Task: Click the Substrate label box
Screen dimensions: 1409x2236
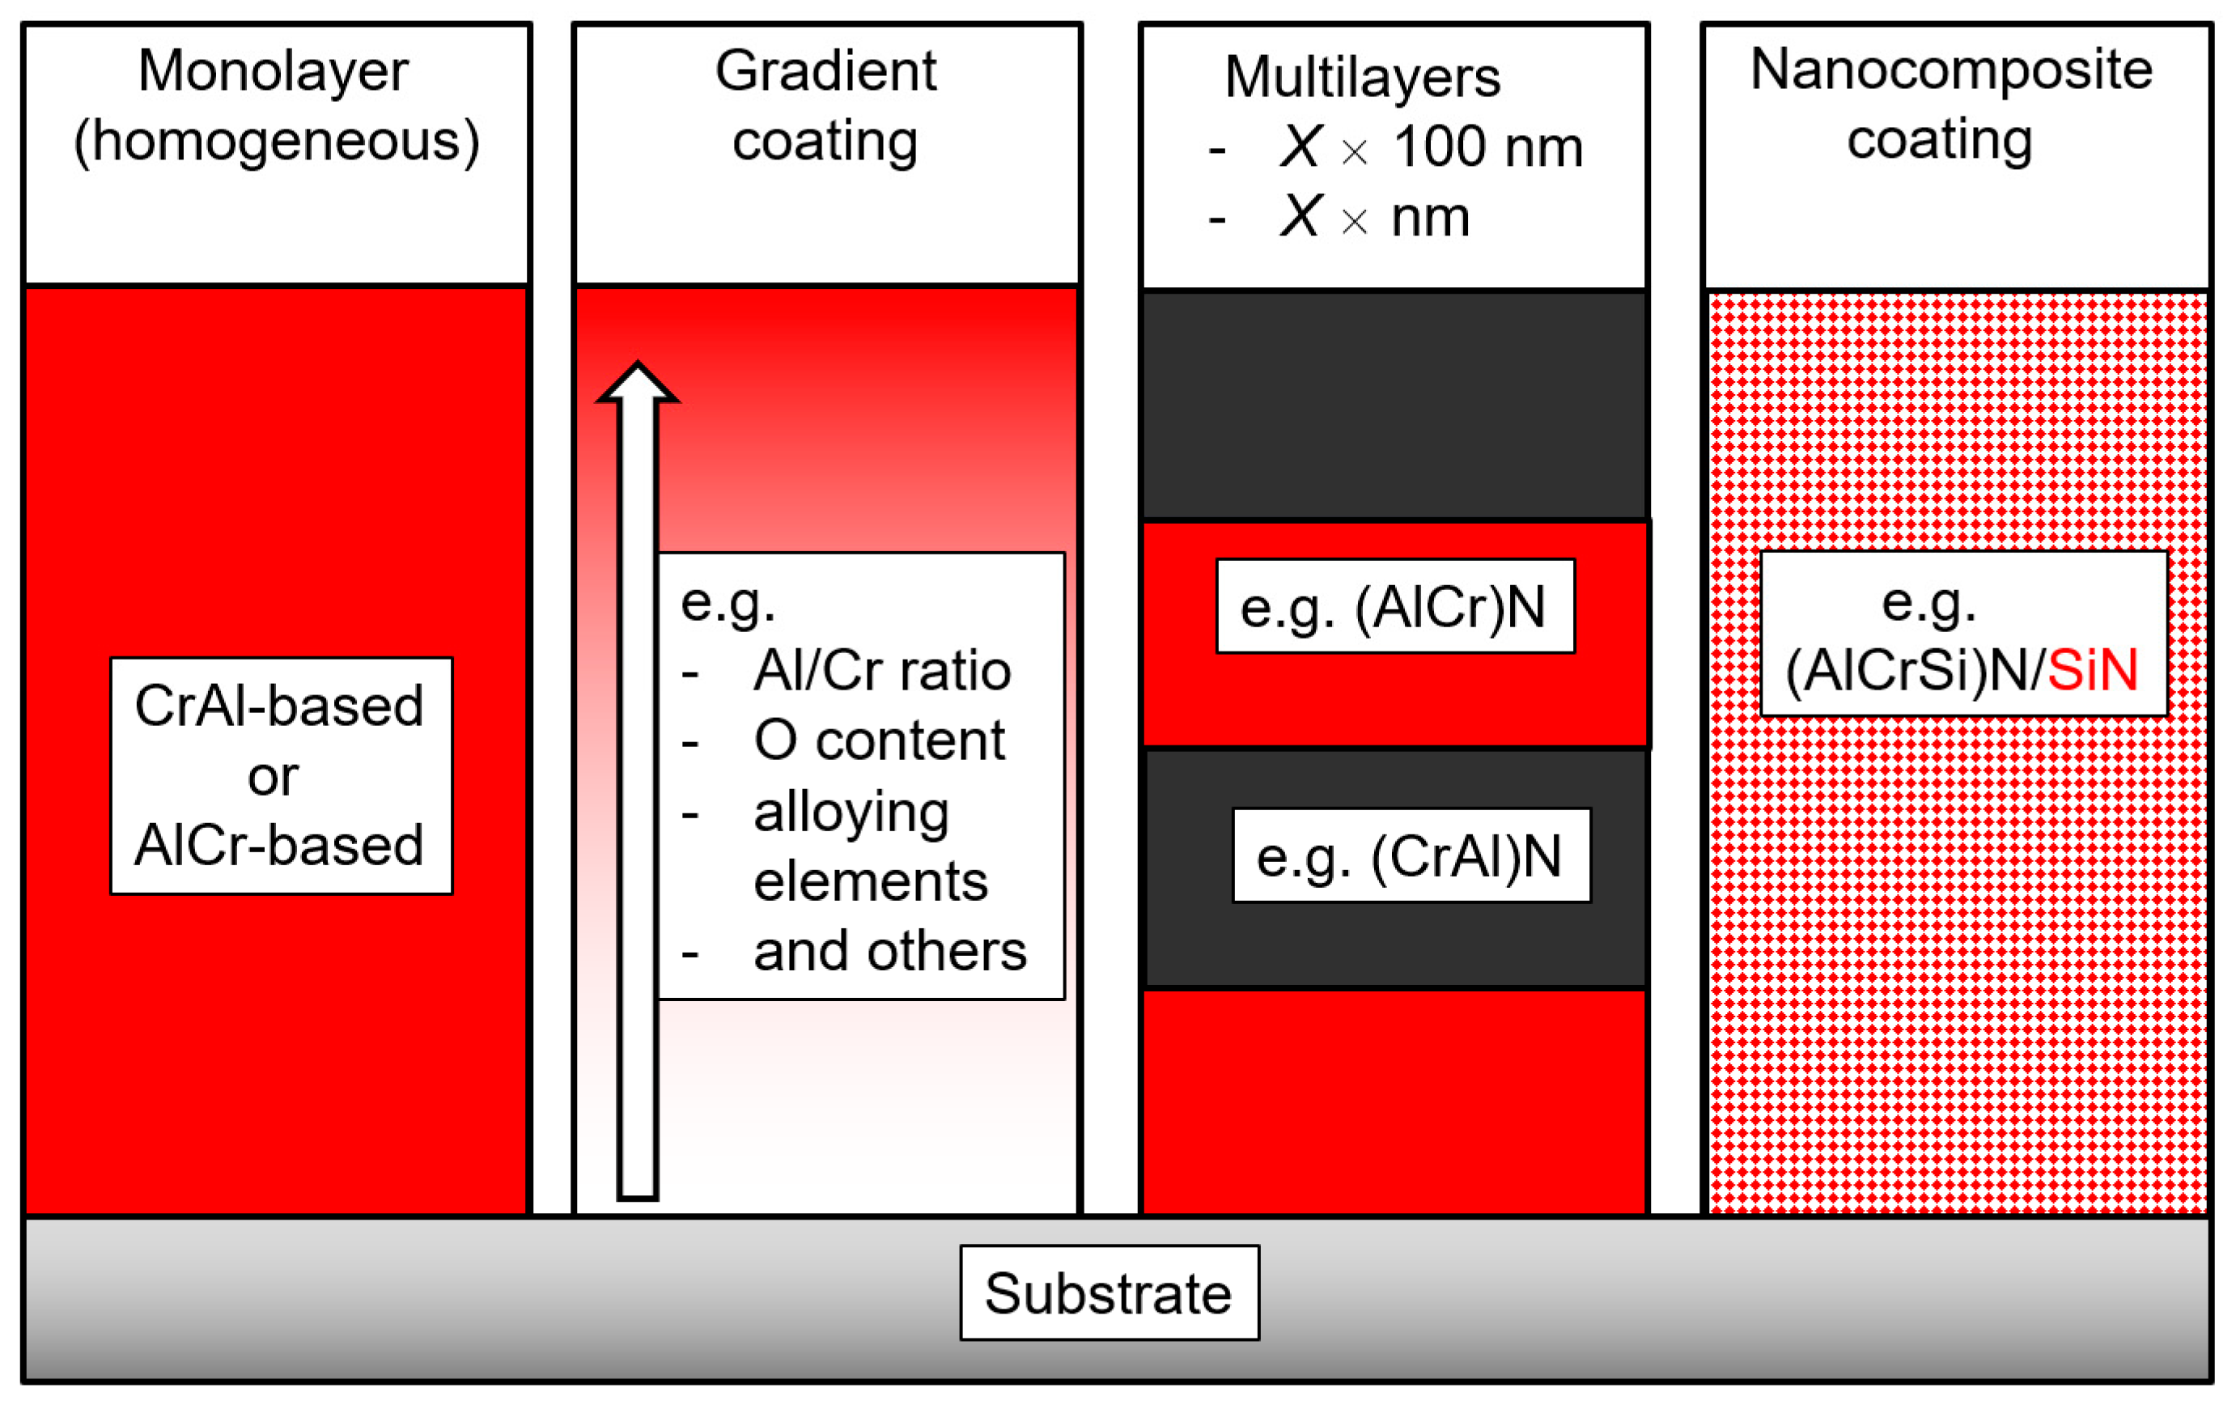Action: (1109, 1293)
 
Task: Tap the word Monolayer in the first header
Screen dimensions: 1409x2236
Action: (273, 70)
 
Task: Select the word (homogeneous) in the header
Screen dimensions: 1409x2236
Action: (277, 141)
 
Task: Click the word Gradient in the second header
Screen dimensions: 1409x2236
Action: (825, 70)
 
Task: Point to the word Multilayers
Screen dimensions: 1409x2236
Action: (1361, 76)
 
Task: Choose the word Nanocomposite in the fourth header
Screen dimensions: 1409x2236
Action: (1951, 69)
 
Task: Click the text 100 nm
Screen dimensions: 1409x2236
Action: (1487, 146)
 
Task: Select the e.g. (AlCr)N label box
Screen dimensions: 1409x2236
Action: (1394, 606)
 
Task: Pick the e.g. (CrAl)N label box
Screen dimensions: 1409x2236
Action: (1411, 855)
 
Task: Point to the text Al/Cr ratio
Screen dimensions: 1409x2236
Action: (881, 671)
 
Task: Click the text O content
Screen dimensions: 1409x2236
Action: (878, 741)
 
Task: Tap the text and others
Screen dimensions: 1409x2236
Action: (889, 951)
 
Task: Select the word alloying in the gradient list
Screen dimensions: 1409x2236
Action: (851, 812)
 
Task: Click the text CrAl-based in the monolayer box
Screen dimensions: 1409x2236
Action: (279, 706)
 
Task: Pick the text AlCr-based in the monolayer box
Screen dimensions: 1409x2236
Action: (279, 845)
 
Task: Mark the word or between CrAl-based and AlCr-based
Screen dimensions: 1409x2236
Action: (273, 776)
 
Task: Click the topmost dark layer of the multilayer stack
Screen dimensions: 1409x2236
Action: (1393, 405)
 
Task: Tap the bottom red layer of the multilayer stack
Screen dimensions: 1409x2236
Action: (1393, 1101)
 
